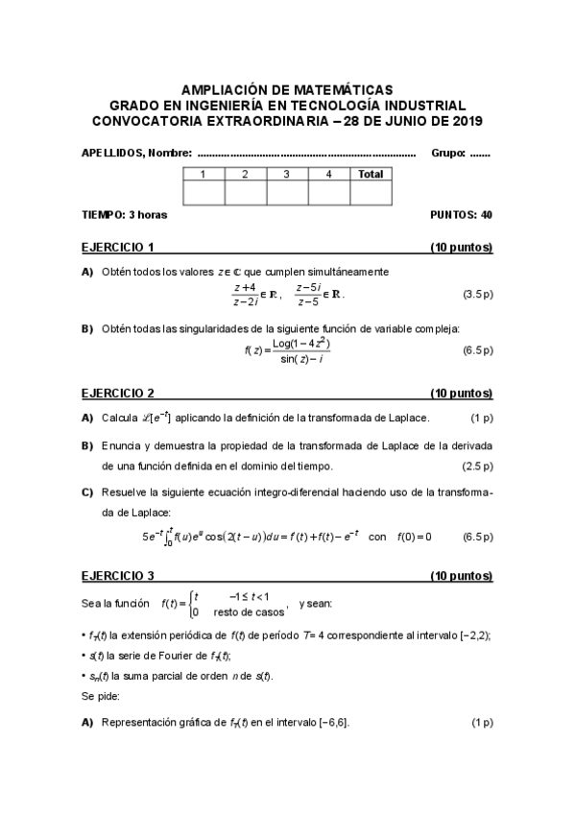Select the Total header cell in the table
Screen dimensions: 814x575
tap(371, 174)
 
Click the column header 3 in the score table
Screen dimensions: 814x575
tap(287, 174)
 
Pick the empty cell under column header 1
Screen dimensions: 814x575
tap(204, 192)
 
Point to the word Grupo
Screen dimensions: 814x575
tap(448, 153)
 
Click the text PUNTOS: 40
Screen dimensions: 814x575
tap(462, 215)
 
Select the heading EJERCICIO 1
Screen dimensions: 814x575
tap(118, 247)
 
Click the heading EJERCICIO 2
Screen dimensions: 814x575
tap(118, 394)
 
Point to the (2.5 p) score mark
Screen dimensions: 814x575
tap(477, 466)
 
